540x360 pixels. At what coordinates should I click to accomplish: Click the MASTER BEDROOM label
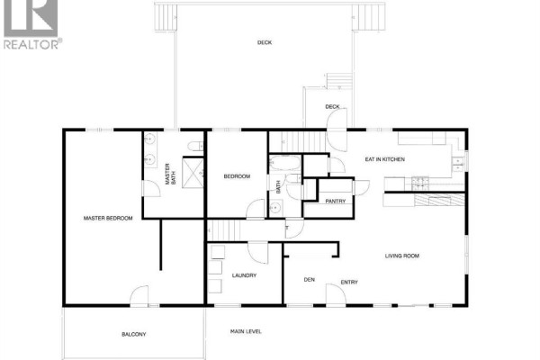click(108, 218)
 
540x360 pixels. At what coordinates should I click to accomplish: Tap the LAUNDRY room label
click(244, 275)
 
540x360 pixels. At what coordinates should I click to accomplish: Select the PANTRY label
click(336, 202)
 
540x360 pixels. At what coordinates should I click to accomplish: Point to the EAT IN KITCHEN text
click(384, 159)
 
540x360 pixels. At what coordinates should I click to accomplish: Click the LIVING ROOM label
click(402, 256)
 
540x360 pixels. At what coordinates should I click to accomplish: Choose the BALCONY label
click(133, 334)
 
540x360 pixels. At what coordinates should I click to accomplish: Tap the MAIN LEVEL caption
click(246, 331)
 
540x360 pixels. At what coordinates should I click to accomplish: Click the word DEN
click(310, 279)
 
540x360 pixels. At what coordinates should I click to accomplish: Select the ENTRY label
click(349, 282)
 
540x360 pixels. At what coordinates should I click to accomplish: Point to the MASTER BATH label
click(170, 174)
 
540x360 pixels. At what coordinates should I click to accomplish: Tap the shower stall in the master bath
click(193, 173)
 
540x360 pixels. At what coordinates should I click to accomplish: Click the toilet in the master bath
click(195, 146)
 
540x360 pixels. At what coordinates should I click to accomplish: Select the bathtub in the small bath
click(285, 163)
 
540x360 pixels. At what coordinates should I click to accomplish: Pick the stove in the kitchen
click(420, 184)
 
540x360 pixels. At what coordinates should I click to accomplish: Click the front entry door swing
click(336, 294)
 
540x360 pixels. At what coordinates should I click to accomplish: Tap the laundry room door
click(258, 253)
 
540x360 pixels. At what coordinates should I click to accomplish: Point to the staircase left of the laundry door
click(225, 230)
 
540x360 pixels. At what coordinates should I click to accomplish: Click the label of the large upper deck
click(265, 42)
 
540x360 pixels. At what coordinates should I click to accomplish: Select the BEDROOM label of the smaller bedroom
click(237, 176)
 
